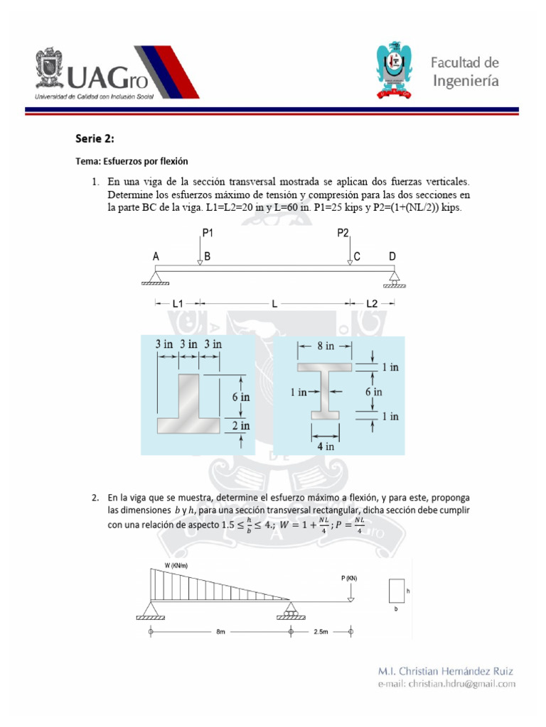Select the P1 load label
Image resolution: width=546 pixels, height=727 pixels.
pos(208,232)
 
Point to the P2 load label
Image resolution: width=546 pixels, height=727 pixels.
pos(343,232)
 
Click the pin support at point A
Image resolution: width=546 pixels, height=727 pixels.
pos(156,276)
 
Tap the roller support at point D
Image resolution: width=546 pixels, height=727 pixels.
pos(393,278)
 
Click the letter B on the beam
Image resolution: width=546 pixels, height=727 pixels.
pos(208,256)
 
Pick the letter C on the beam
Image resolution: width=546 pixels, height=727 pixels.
pos(358,256)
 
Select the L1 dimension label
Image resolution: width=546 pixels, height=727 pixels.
pos(178,303)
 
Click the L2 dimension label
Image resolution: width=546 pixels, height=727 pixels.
pos(372,303)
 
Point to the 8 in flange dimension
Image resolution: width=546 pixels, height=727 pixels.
pos(325,346)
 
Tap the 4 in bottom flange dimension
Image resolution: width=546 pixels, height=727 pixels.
pos(325,447)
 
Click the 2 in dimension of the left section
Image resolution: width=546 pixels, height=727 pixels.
pos(241,426)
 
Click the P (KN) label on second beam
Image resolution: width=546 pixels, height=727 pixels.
pos(349,578)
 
